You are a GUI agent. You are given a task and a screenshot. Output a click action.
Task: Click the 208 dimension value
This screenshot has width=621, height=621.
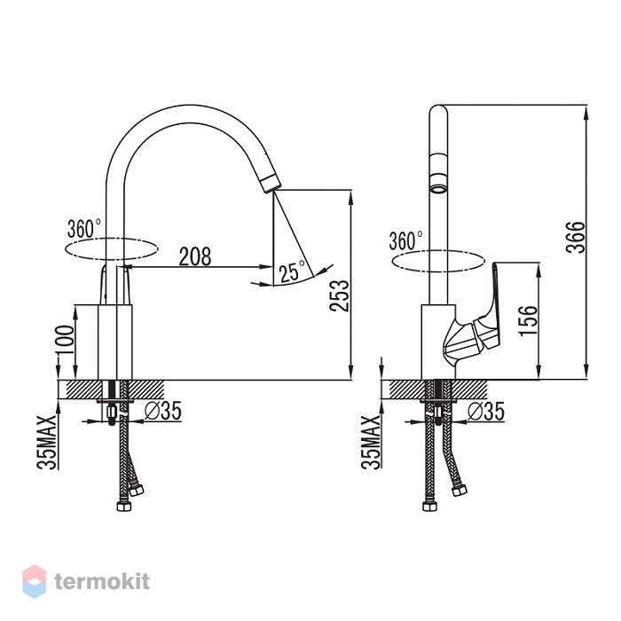point(195,256)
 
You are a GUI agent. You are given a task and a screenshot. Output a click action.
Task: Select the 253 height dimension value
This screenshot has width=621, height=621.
point(340,295)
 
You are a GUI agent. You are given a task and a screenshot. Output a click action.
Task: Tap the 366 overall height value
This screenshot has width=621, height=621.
point(576,237)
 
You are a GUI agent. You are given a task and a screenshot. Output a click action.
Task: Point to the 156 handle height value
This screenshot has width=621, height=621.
point(529,321)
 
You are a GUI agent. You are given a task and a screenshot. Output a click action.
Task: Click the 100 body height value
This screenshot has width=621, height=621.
point(65,340)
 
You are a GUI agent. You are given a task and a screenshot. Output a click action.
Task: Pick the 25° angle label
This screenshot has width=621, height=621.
point(292,271)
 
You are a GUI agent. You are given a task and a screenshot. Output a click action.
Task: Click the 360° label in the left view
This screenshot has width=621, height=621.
point(84,229)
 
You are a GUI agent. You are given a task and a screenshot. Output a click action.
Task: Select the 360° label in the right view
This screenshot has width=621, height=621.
point(405,240)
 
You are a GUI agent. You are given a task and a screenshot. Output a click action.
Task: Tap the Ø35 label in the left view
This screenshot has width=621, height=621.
point(162,411)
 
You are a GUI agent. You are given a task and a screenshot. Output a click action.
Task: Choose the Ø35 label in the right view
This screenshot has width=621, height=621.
point(486,412)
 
